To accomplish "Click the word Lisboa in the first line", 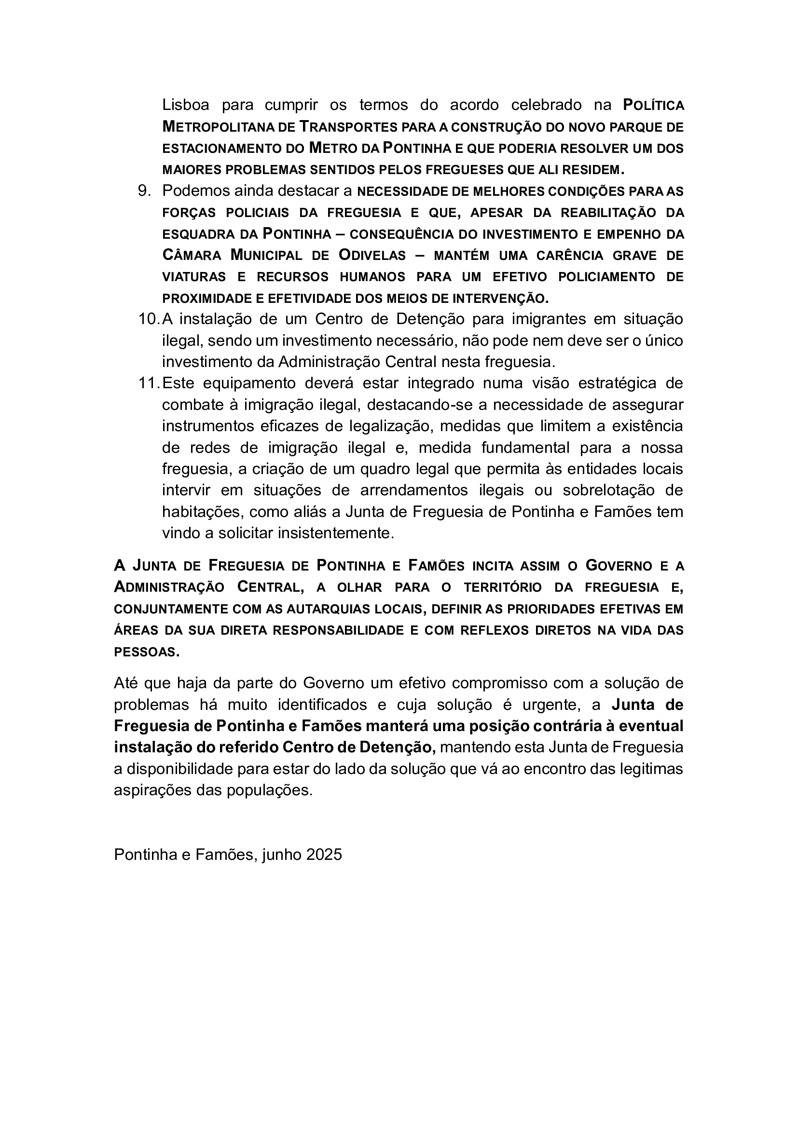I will [186, 105].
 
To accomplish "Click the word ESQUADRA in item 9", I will [199, 234].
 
